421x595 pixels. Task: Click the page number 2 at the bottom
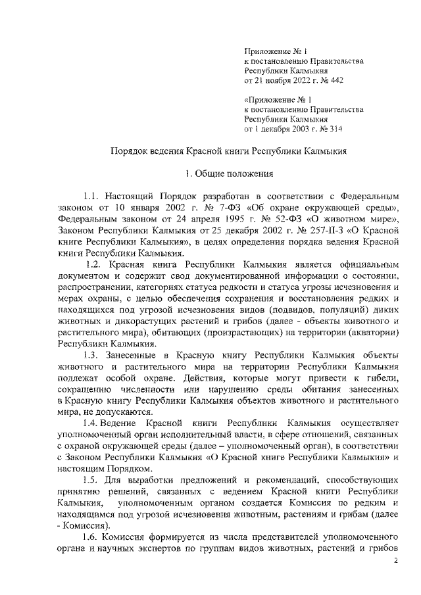[x=395, y=561]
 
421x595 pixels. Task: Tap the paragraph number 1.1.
[x=91, y=196]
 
